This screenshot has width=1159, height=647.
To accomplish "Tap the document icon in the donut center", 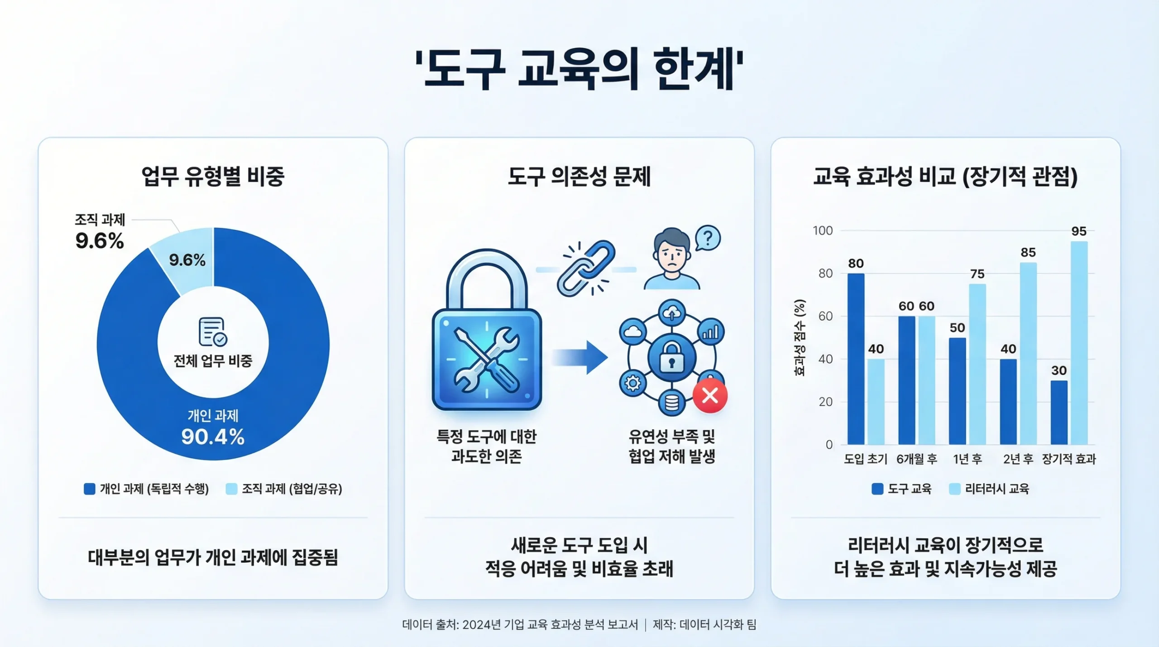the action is point(213,331).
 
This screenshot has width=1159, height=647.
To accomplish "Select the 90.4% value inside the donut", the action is point(213,437).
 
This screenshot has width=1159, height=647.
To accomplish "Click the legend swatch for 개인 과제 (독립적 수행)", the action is point(90,489).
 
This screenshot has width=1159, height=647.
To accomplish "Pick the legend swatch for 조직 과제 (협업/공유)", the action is point(231,489).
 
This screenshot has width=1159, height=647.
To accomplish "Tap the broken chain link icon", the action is point(586,268).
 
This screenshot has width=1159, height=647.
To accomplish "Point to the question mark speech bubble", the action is point(708,238).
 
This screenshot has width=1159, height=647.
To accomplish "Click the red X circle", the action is point(710,396).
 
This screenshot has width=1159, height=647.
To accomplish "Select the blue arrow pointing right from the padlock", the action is point(580,357).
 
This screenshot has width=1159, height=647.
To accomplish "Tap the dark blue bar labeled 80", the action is point(856,359).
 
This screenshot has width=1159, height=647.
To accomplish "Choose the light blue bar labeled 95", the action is point(1079,343).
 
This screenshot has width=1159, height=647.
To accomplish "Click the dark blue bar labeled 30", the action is point(1059,412).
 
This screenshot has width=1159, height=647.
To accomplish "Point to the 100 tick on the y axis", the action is point(823,231).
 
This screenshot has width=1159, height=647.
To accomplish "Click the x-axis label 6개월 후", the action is point(917,459).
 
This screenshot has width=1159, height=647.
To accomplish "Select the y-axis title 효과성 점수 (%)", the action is point(800,337).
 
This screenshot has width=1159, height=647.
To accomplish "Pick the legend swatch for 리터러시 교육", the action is point(955,489).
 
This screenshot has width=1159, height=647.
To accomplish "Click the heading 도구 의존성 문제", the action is point(579,177).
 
